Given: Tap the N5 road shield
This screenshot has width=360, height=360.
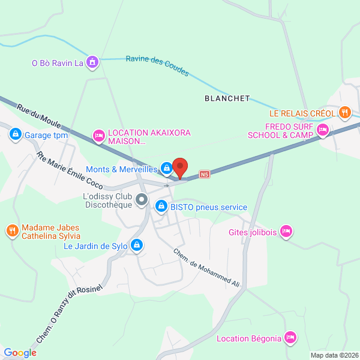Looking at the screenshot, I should pos(205,175).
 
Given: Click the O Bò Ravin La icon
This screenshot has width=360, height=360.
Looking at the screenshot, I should pos(92,62).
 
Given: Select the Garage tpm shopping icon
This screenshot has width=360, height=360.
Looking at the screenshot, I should pos(15,135).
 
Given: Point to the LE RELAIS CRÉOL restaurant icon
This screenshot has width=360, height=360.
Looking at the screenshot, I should pos(344,112).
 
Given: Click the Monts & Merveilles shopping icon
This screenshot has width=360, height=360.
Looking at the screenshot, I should pos(166,170).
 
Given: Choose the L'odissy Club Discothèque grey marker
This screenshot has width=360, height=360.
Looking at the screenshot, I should pos(142,199).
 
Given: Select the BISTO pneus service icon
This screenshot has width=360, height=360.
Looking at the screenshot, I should pos(161,207).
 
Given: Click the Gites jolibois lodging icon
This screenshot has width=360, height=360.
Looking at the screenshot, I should pos(286,231).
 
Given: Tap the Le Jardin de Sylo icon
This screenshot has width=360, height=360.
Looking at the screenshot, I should pos(137,245).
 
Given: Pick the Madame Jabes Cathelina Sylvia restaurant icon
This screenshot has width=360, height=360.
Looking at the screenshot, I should pos(12,231).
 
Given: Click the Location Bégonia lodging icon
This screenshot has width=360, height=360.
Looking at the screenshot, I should pos(291,338).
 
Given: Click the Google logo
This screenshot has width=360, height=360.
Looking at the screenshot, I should pos(20,353).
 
